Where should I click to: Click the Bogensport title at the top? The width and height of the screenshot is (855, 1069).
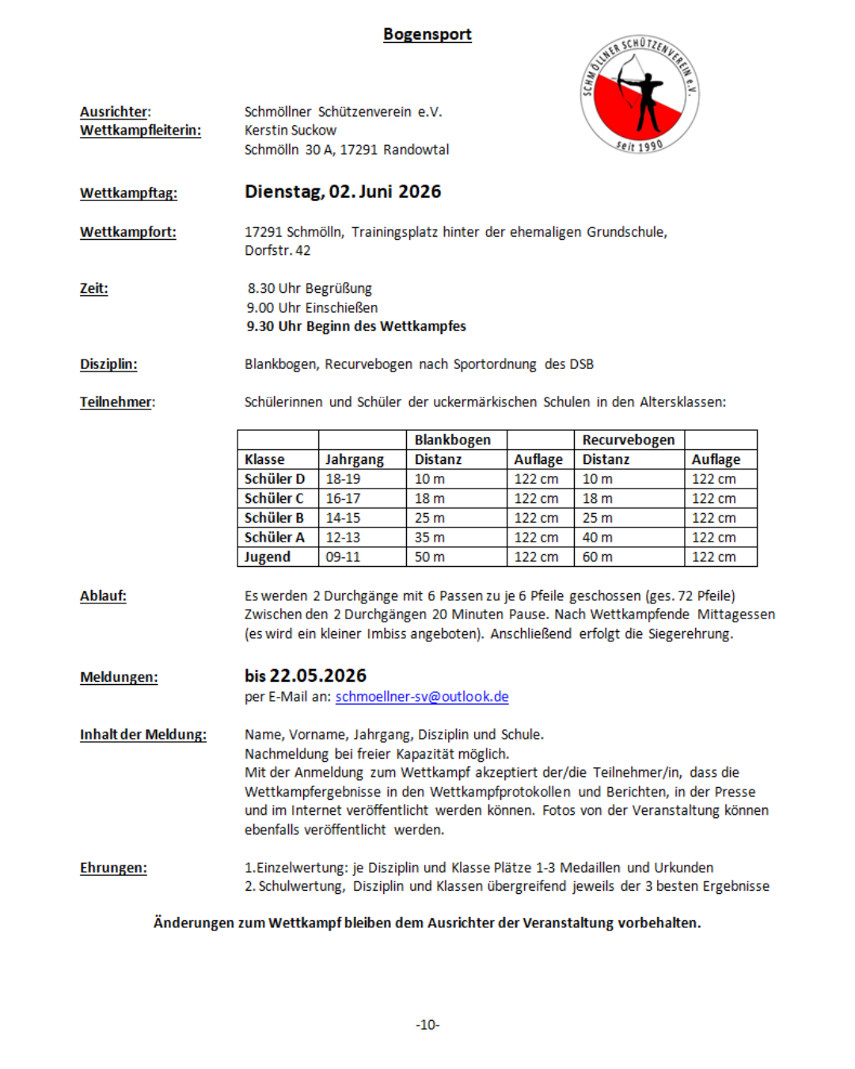(427, 34)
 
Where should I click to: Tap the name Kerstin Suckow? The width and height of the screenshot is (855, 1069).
(290, 130)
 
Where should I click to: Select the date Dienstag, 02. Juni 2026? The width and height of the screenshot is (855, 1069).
(342, 192)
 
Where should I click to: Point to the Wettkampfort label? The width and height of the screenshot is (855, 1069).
(127, 232)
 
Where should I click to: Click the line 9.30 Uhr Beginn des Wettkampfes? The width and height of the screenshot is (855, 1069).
(355, 326)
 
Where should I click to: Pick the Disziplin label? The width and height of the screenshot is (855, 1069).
(108, 364)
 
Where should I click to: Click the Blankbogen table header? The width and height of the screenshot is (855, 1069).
(452, 439)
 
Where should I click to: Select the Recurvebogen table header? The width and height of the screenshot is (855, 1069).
(628, 439)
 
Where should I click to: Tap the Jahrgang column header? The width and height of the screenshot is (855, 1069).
(354, 459)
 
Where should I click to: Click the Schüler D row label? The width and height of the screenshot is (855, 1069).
(274, 479)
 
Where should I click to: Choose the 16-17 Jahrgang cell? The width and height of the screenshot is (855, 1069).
(343, 498)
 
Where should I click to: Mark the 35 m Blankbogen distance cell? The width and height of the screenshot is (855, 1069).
(430, 537)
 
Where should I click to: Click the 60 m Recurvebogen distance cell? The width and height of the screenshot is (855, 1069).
(597, 557)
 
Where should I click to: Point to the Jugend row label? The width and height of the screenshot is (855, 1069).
(268, 557)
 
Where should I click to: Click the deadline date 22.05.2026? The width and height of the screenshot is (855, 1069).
(317, 675)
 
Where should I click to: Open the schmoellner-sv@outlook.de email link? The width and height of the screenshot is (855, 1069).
(422, 697)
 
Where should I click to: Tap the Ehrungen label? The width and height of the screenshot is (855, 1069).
(113, 868)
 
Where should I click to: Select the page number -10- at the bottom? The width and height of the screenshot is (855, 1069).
(427, 1025)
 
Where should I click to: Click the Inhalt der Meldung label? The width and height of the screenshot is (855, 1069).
(142, 735)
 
